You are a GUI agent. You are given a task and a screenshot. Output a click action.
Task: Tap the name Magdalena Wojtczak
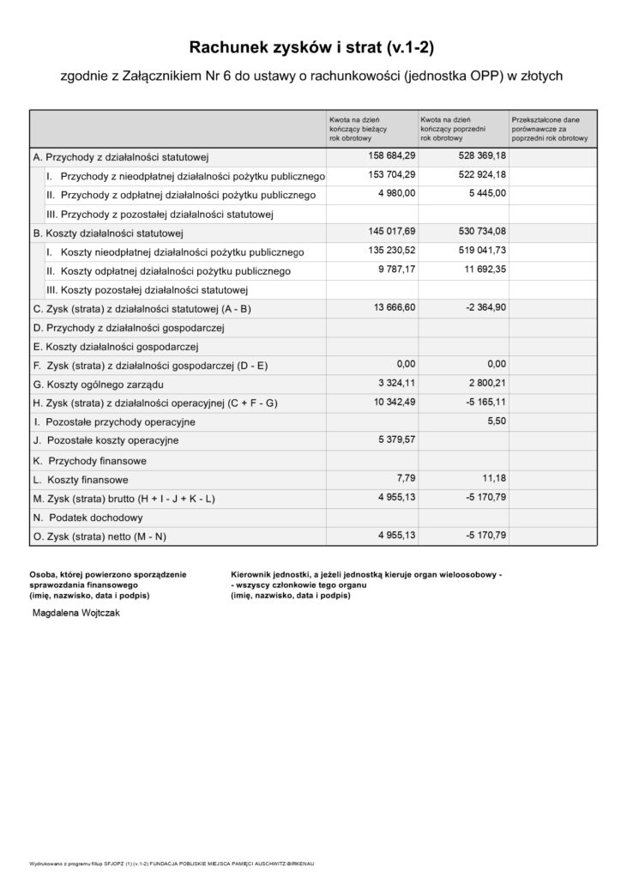76,615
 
